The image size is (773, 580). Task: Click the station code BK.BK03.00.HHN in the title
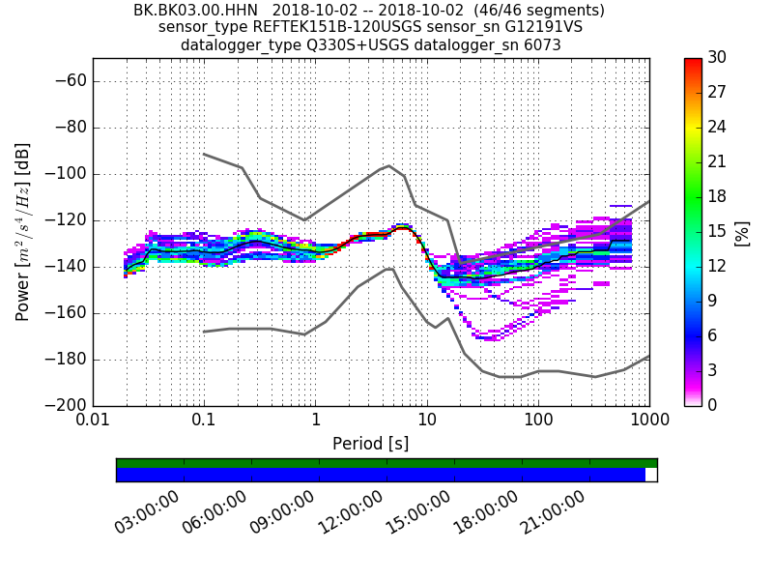click(195, 11)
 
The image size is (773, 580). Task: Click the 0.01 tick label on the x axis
click(93, 421)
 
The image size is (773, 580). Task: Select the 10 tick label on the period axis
click(427, 421)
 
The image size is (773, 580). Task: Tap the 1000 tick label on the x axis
click(648, 421)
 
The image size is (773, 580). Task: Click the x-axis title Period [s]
click(371, 444)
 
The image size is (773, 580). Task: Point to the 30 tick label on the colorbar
click(717, 58)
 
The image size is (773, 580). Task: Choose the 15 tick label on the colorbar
click(717, 231)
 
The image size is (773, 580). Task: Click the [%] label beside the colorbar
click(742, 232)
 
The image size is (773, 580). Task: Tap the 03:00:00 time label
click(147, 512)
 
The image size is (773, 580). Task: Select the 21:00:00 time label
click(553, 512)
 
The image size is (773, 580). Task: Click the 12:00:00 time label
click(350, 512)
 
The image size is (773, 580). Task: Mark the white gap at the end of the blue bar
click(651, 475)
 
